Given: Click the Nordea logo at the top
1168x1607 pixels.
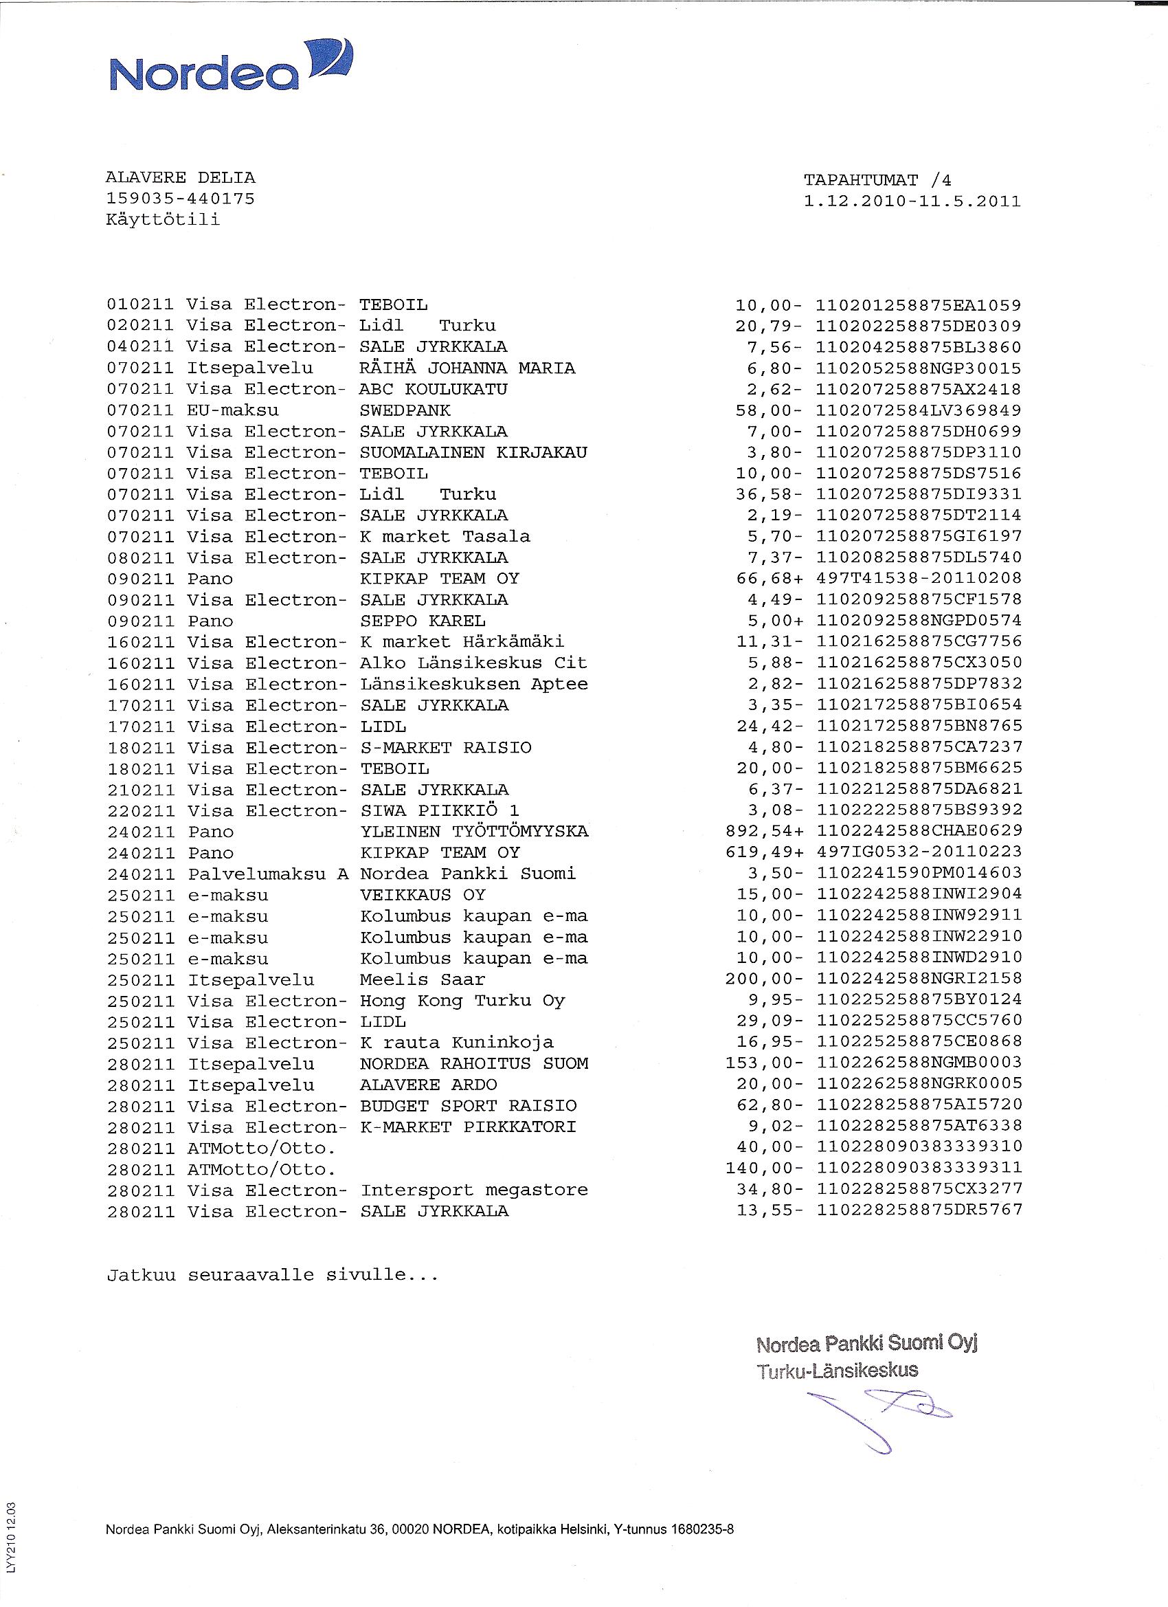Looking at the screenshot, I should point(230,67).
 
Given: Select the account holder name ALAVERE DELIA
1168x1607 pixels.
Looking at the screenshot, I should point(180,178).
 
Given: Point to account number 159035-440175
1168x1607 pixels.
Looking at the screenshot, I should point(180,199).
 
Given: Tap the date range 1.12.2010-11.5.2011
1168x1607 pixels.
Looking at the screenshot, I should point(912,201).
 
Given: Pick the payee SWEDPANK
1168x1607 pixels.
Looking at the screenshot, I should point(405,410).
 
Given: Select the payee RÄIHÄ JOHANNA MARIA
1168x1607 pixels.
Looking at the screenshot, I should point(467,368).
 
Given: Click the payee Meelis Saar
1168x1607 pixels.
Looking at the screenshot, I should point(422,979).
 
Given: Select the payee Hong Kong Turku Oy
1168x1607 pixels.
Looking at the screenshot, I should point(462,1001).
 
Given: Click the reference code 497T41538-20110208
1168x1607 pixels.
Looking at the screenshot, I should point(919,578).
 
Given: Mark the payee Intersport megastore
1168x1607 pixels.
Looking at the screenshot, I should point(474,1190).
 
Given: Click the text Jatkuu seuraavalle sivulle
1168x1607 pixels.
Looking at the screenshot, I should point(273,1276).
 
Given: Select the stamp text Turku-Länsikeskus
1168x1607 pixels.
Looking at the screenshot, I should point(838,1371).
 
